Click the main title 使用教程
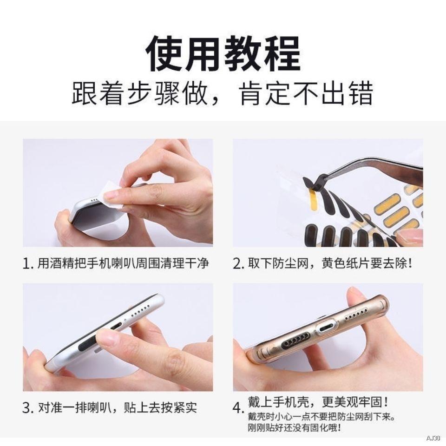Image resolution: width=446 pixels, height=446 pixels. coord(223,55)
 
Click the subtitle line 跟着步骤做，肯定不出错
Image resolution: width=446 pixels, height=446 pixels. coord(223,95)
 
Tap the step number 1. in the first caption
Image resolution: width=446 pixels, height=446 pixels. coord(28,265)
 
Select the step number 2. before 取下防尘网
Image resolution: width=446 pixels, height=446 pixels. coord(238,265)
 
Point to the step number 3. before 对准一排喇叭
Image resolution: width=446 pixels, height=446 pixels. coord(28,409)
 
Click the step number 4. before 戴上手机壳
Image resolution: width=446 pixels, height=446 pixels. coord(238,409)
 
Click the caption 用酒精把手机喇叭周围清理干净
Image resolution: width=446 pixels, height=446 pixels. coord(123,264)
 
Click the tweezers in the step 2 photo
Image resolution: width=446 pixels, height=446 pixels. coord(372,167)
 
